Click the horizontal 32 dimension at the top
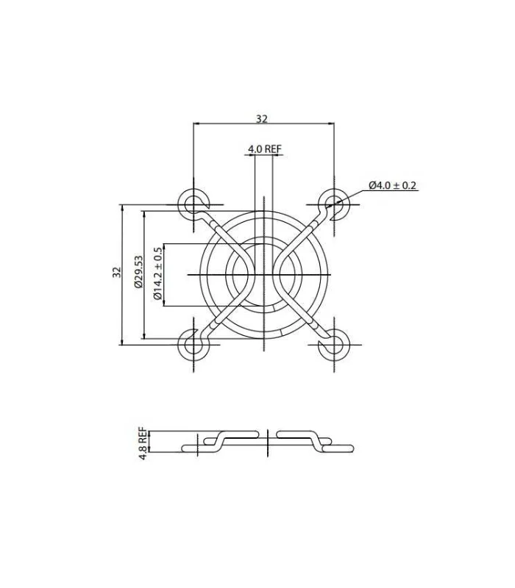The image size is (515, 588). click(x=262, y=119)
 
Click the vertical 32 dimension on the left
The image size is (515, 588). click(x=117, y=272)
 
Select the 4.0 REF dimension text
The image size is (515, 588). click(x=264, y=149)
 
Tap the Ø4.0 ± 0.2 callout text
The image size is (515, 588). click(x=393, y=185)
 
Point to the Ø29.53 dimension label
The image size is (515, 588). click(x=138, y=271)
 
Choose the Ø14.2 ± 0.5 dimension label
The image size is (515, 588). click(x=158, y=273)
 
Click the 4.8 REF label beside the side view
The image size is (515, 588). click(x=143, y=443)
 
